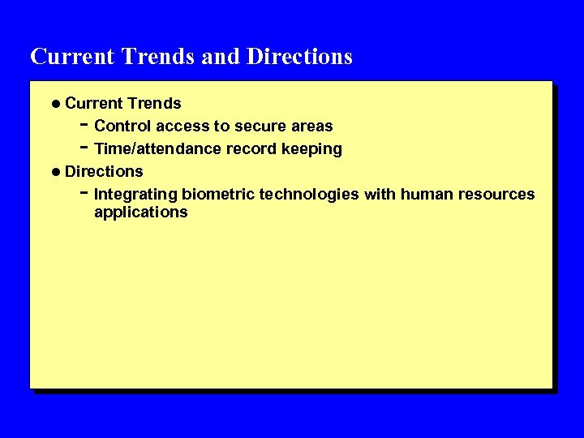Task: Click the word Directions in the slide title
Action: coord(299,57)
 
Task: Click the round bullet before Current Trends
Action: coord(55,104)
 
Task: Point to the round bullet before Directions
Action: coord(55,172)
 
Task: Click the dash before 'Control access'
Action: coord(84,126)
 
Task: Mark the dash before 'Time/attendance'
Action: coord(84,148)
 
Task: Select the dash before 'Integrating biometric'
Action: coord(84,194)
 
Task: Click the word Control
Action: coord(122,127)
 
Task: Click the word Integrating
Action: coord(135,195)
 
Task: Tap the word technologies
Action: coord(309,195)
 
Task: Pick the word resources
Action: coord(496,195)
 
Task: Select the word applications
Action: coord(140,213)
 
